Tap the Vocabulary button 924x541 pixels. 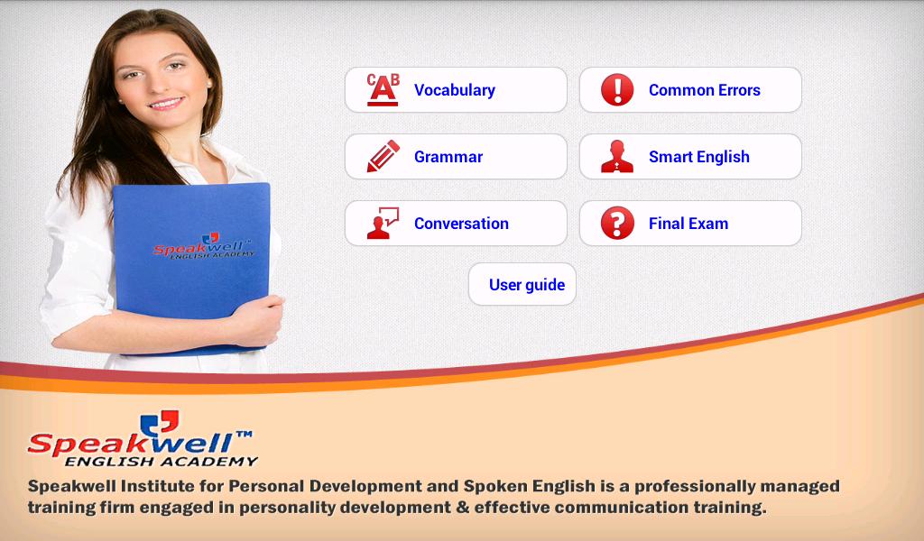click(x=456, y=90)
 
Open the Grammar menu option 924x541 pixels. click(x=456, y=157)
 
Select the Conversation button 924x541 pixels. click(x=456, y=223)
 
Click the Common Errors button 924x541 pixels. click(x=690, y=90)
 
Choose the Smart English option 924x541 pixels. click(x=690, y=157)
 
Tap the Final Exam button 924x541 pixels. click(x=690, y=223)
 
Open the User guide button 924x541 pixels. click(x=522, y=284)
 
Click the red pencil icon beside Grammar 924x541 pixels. click(x=383, y=156)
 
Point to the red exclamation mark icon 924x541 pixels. click(x=617, y=90)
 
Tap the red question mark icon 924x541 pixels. click(x=617, y=223)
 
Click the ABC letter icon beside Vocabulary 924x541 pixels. click(x=383, y=89)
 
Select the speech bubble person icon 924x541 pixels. click(x=382, y=224)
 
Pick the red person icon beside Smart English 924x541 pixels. click(x=617, y=157)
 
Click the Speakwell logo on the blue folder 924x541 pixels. click(x=203, y=246)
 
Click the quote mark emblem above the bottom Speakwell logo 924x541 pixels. click(x=159, y=423)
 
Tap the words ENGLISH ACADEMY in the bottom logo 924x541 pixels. click(x=161, y=462)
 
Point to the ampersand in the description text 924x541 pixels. click(x=463, y=507)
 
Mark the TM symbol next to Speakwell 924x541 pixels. click(x=244, y=435)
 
